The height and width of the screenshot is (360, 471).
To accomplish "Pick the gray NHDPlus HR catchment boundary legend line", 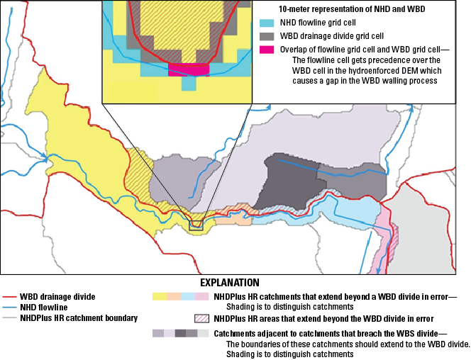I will (x=10, y=318).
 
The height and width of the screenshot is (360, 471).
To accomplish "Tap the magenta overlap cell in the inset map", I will (x=187, y=69).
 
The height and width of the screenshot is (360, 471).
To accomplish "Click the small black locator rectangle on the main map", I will (x=196, y=225).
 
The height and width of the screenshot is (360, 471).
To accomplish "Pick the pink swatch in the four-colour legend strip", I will (x=201, y=296).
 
